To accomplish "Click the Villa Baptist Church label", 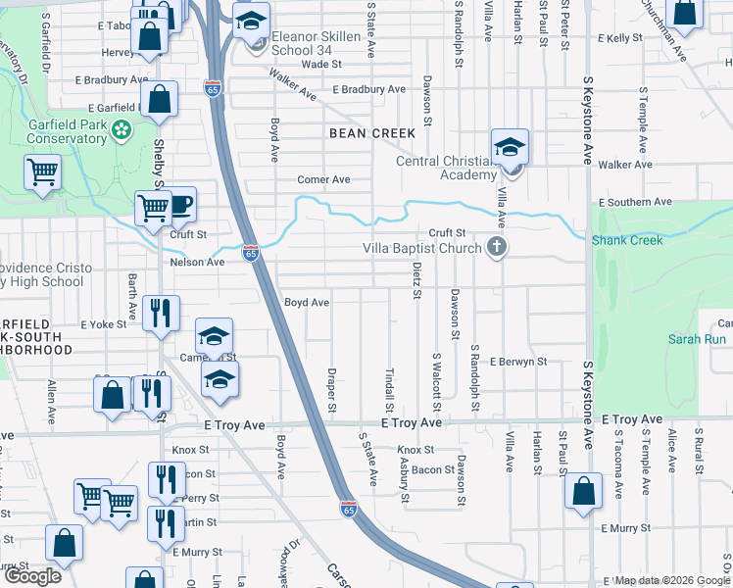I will coord(421,248).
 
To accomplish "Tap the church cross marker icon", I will coord(497,247).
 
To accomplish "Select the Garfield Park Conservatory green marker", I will coord(122,129).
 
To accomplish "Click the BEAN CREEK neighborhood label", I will coord(372,133).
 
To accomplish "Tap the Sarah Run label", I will coord(697,339).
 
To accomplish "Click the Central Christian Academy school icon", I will coord(510,148).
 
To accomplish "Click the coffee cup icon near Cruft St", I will coord(181,205).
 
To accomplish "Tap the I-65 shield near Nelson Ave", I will coord(251,253).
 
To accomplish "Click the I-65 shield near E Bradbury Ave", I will coord(214,89).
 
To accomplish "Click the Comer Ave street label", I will coord(324,180).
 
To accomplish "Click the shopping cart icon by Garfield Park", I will coord(43,171).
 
